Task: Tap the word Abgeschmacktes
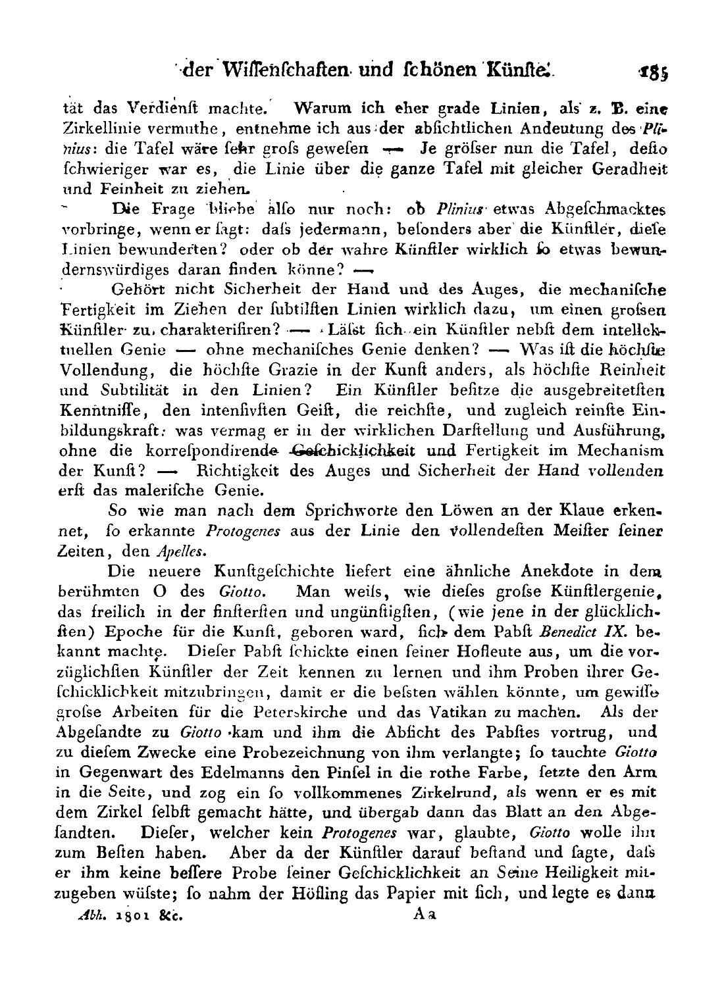[607, 209]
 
